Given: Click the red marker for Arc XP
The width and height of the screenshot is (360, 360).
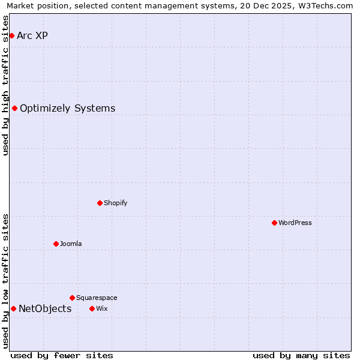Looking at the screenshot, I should [11, 36].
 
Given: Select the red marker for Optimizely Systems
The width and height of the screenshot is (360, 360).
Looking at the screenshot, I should [14, 109].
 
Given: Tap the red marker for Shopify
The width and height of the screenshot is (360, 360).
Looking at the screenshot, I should [100, 203].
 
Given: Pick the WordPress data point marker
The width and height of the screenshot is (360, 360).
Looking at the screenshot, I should [274, 223].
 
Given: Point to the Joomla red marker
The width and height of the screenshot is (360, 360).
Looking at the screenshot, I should [56, 244].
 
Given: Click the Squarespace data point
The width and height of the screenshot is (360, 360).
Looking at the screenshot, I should [72, 298].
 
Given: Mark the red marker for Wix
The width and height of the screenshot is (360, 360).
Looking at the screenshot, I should [92, 308].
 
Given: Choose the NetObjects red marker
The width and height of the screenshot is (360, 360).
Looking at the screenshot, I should [13, 308].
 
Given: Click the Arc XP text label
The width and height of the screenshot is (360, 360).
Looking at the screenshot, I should [32, 36].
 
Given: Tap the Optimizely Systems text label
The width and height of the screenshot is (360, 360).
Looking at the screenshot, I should [67, 109].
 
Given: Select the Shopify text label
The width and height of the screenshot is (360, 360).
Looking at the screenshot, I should [115, 203].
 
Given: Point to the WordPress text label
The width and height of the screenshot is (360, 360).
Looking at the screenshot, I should [295, 223].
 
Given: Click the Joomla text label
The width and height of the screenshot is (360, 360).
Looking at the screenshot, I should [71, 244].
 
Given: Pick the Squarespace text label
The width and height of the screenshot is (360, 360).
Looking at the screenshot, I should [97, 298].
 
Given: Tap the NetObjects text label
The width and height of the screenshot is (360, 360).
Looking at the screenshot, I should [45, 309].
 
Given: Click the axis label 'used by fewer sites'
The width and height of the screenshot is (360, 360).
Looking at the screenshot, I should [62, 356].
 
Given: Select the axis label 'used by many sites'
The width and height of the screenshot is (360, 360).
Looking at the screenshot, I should [301, 356].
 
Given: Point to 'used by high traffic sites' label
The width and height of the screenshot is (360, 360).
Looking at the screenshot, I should [6, 85].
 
